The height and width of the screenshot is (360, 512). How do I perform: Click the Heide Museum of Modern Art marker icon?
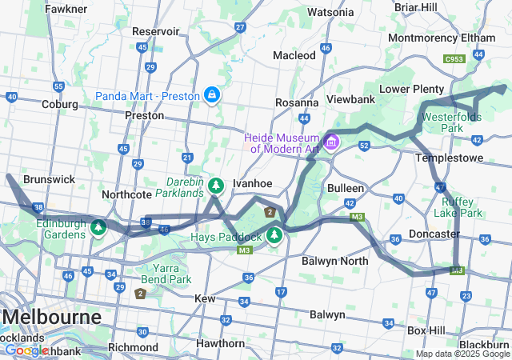pos(331,142)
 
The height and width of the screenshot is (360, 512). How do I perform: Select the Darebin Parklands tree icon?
pos(215,186)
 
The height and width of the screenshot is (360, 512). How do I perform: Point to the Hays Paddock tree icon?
pos(274,235)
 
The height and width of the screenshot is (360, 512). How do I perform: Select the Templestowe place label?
pos(450,158)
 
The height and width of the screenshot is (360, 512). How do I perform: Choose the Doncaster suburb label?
pos(434,234)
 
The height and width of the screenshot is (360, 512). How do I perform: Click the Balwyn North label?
pos(335,261)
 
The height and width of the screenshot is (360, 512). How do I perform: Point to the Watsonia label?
pos(330,12)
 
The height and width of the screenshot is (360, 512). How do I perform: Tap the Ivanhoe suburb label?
pos(252,183)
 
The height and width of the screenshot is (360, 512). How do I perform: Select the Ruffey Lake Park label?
pos(458,207)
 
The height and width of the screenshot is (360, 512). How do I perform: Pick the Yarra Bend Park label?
pos(168,274)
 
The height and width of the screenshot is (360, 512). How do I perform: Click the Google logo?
pos(26,350)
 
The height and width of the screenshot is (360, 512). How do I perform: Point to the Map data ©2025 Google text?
pos(462,354)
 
